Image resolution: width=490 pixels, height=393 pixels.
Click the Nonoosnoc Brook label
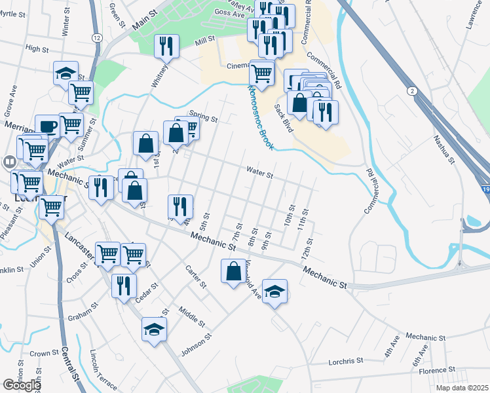260,117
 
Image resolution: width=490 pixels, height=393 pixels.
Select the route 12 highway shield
97,38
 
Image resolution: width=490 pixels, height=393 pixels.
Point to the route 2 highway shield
412,90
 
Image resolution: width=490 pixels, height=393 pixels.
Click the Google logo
21,384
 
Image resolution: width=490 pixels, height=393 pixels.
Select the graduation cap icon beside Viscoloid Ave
275,290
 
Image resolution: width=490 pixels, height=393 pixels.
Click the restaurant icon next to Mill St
166,46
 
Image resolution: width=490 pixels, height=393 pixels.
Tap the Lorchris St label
346,361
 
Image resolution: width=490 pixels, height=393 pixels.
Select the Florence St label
432,371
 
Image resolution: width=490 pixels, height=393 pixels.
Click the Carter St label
195,276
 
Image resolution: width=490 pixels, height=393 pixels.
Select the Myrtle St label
15,31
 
